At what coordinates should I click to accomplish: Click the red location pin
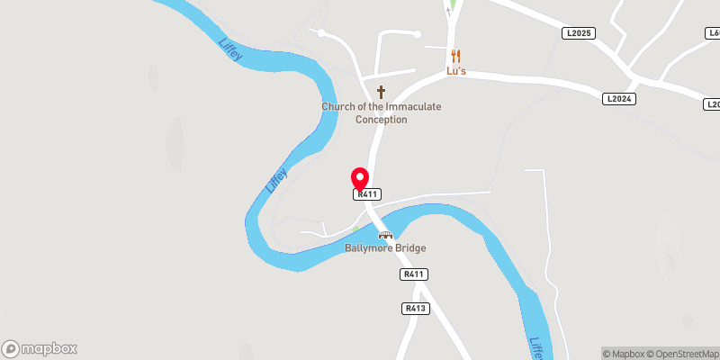(x=360, y=176)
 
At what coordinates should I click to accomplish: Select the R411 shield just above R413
(x=414, y=274)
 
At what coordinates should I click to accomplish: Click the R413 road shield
(x=415, y=309)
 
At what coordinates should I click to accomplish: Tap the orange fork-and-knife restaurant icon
(x=455, y=55)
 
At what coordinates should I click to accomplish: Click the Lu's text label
(x=455, y=70)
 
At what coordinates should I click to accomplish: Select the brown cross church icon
(x=381, y=92)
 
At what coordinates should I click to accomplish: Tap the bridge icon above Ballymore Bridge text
(x=385, y=235)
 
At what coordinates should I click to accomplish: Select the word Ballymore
(x=369, y=248)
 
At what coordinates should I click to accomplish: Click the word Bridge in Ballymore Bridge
(x=410, y=248)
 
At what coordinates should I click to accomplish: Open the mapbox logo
(x=40, y=348)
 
